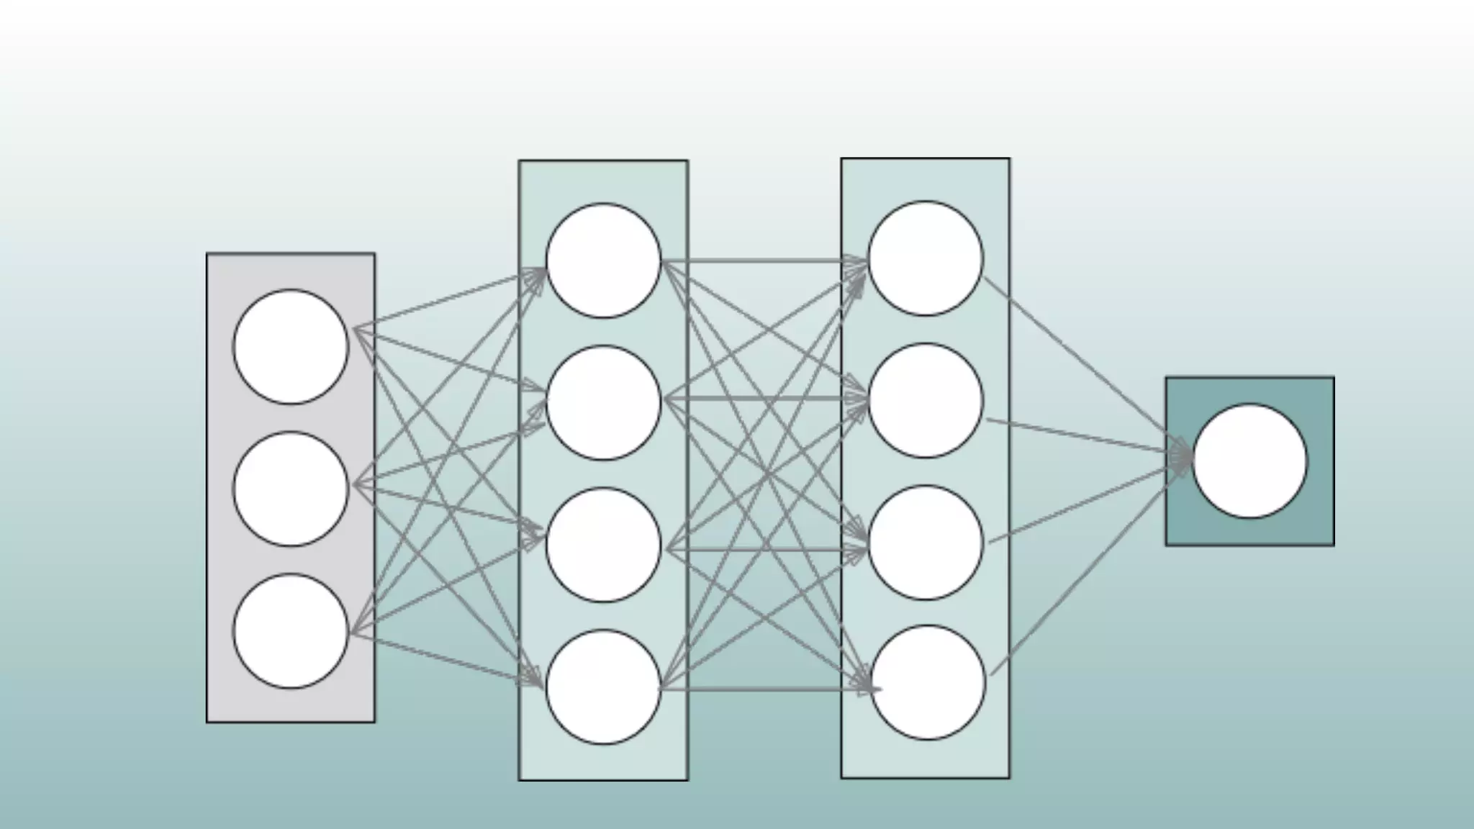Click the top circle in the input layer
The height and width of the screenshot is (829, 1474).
pyautogui.click(x=291, y=347)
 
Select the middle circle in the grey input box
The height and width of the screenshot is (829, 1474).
pyautogui.click(x=291, y=489)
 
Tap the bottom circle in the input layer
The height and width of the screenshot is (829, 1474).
pyautogui.click(x=291, y=630)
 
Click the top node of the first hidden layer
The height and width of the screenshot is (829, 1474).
pyautogui.click(x=603, y=261)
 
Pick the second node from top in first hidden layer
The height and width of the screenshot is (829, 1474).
pyautogui.click(x=603, y=402)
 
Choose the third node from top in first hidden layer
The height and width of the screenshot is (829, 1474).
pyautogui.click(x=603, y=545)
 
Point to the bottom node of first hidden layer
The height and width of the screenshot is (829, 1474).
pyautogui.click(x=603, y=687)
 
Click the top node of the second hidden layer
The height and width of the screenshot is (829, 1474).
pyautogui.click(x=926, y=258)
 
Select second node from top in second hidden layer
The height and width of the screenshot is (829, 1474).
pyautogui.click(x=926, y=400)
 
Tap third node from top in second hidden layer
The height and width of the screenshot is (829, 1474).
pyautogui.click(x=926, y=543)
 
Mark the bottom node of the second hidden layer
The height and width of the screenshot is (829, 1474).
pyautogui.click(x=928, y=682)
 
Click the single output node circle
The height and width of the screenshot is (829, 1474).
pyautogui.click(x=1250, y=461)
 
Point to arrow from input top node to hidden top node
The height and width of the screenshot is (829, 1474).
pyautogui.click(x=446, y=300)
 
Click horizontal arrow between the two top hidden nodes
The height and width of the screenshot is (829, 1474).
pyautogui.click(x=763, y=261)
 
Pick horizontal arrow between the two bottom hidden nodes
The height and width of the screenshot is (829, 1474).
pyautogui.click(x=763, y=689)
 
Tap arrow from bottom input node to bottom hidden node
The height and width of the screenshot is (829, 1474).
pyautogui.click(x=446, y=660)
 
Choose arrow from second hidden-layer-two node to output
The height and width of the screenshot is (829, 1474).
pyautogui.click(x=1080, y=436)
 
